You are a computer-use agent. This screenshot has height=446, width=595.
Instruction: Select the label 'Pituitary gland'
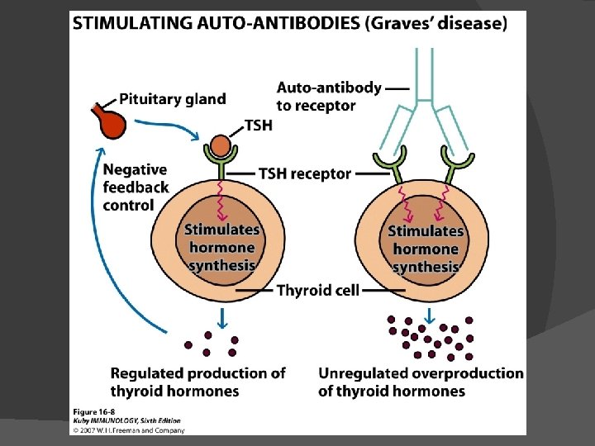(x=172, y=99)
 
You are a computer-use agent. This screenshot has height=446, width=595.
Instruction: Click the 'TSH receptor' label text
(x=305, y=174)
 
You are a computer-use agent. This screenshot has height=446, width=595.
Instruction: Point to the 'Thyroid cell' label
(x=318, y=291)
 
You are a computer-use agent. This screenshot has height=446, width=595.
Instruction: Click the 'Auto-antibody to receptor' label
(x=329, y=96)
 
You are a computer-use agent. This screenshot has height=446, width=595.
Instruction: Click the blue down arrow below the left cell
(x=221, y=316)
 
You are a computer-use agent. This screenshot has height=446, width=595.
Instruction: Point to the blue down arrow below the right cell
(x=429, y=315)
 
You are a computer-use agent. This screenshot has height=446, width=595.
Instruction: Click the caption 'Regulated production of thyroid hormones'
(x=198, y=382)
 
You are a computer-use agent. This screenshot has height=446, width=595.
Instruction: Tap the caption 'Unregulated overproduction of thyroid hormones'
(x=421, y=382)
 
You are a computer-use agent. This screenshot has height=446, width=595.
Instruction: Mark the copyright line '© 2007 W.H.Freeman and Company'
(x=127, y=429)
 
